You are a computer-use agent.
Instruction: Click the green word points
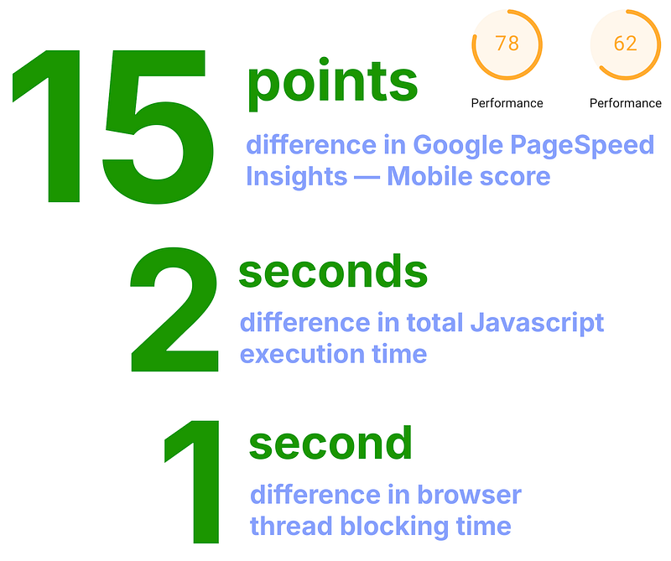[332, 84]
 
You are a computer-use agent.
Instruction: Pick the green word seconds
[333, 273]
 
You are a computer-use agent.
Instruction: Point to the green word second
[330, 444]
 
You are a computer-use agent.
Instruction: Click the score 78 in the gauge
[507, 43]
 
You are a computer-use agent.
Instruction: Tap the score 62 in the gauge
[625, 43]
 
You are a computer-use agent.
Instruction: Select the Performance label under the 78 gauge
[507, 103]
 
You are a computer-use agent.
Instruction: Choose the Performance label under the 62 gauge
[625, 103]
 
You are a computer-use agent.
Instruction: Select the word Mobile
[429, 177]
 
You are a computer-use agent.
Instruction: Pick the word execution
[303, 354]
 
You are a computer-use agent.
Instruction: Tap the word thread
[291, 527]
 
